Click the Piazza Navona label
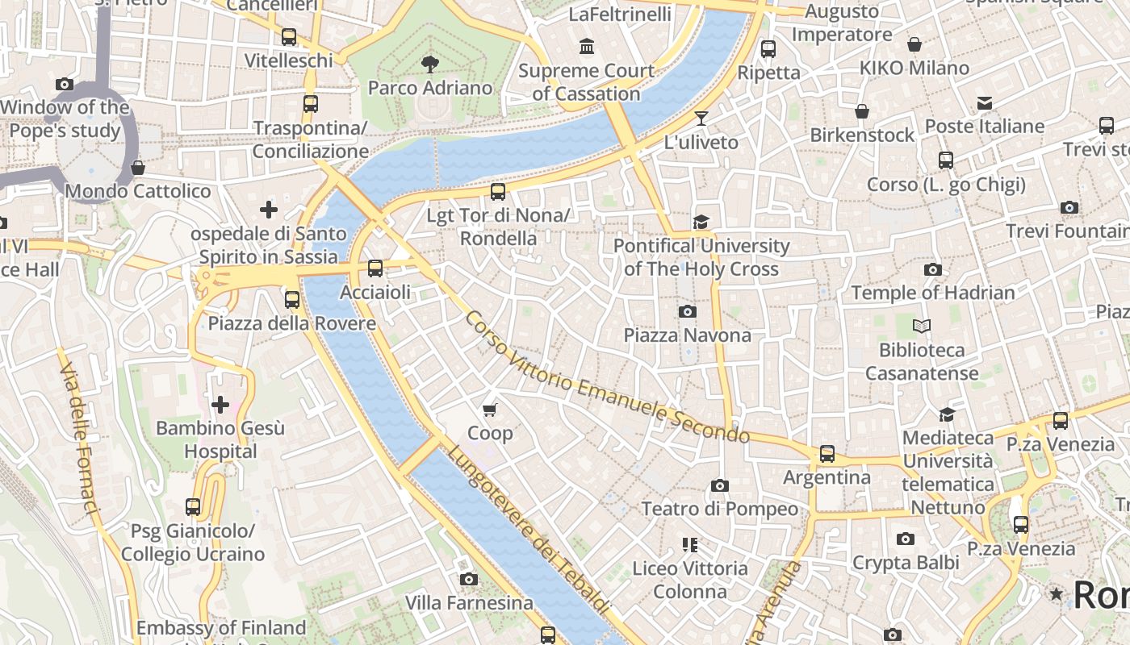[687, 335]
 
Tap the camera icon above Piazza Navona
[688, 311]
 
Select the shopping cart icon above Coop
[490, 410]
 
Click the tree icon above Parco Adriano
[430, 64]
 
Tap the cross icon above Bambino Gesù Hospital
[220, 404]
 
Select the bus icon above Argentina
[827, 454]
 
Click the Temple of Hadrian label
[933, 293]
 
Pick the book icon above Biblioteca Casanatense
[922, 327]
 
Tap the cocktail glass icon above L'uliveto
[701, 119]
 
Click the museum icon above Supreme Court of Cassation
[587, 47]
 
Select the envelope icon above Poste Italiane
[985, 103]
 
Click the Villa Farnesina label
[469, 602]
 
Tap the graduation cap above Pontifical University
[701, 222]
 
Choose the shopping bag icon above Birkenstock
[862, 111]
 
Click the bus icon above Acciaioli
[375, 268]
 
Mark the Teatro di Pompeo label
[719, 509]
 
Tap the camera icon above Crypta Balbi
[906, 539]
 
